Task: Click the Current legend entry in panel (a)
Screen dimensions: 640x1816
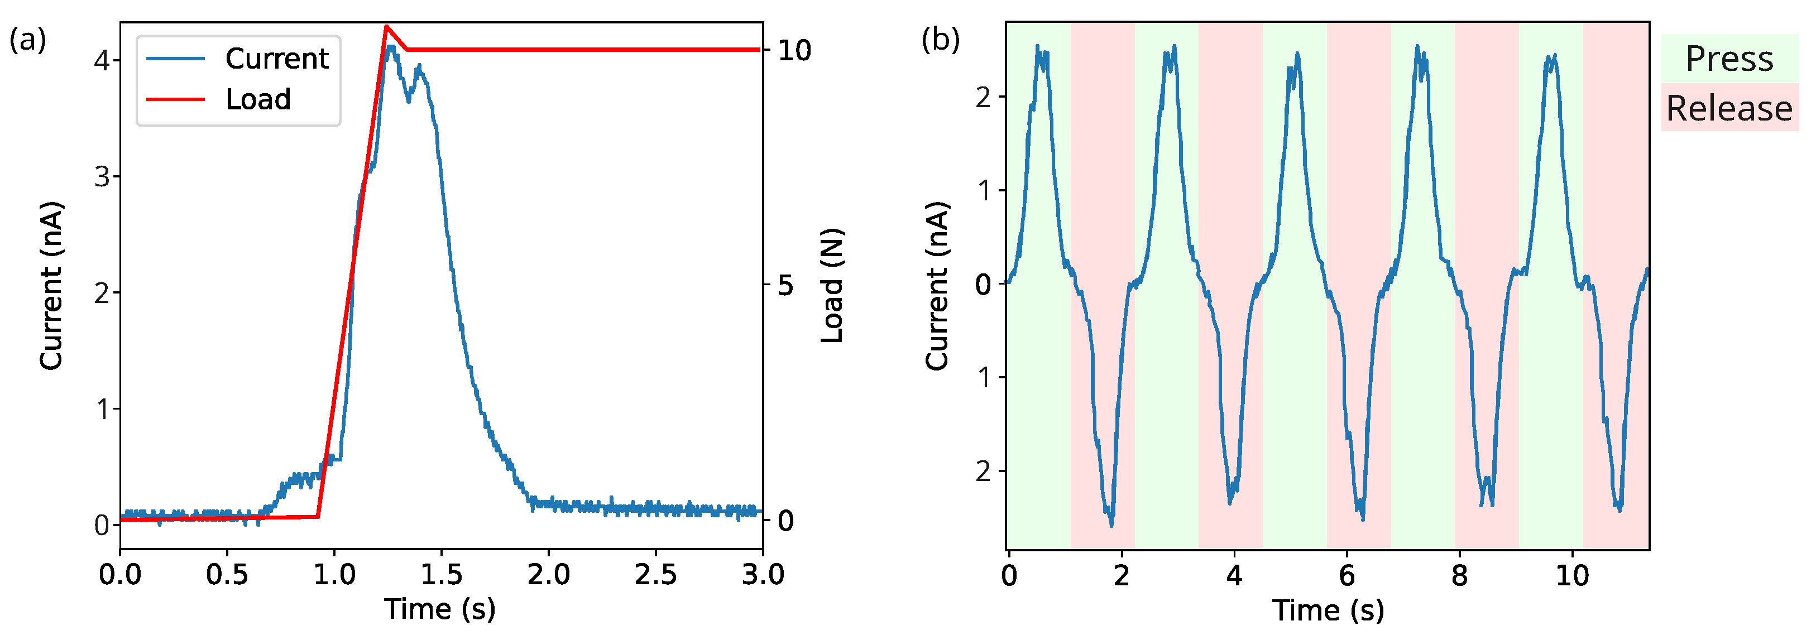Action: pyautogui.click(x=276, y=59)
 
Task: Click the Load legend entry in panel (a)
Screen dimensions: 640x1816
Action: pyautogui.click(x=257, y=99)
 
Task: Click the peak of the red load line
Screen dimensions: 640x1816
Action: pyautogui.click(x=386, y=27)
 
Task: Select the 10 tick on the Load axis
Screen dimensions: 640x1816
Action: pyautogui.click(x=794, y=50)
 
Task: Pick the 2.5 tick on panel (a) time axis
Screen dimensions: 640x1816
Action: pyautogui.click(x=655, y=575)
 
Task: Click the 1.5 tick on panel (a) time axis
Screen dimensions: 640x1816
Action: pyautogui.click(x=442, y=575)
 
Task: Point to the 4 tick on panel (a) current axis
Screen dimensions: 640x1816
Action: pyautogui.click(x=102, y=61)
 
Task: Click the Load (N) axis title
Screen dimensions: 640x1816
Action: pyautogui.click(x=832, y=286)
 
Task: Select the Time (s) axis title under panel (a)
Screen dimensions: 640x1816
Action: pyautogui.click(x=440, y=608)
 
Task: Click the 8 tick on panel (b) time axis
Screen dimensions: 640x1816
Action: pyautogui.click(x=1459, y=576)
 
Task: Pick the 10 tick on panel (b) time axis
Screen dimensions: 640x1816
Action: pyautogui.click(x=1572, y=576)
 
